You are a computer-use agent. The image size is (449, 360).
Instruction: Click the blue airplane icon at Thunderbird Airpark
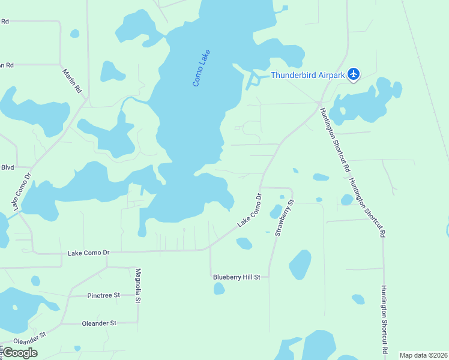(354, 74)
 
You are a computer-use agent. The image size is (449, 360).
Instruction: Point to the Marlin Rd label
(71, 81)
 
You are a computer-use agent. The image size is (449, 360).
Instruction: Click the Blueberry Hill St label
(237, 277)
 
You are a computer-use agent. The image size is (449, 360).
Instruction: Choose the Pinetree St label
(103, 295)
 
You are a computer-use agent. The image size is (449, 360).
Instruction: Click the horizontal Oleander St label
(98, 323)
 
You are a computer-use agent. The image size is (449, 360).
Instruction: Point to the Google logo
(20, 353)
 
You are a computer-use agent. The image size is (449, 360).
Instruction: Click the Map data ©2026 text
(423, 355)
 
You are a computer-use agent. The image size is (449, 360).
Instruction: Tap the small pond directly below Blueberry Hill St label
(219, 289)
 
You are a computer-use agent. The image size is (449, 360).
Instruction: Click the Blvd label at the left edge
(7, 167)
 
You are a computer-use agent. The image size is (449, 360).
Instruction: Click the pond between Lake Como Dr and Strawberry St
(276, 211)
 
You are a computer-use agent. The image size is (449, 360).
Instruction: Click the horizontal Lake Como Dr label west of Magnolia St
(88, 253)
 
